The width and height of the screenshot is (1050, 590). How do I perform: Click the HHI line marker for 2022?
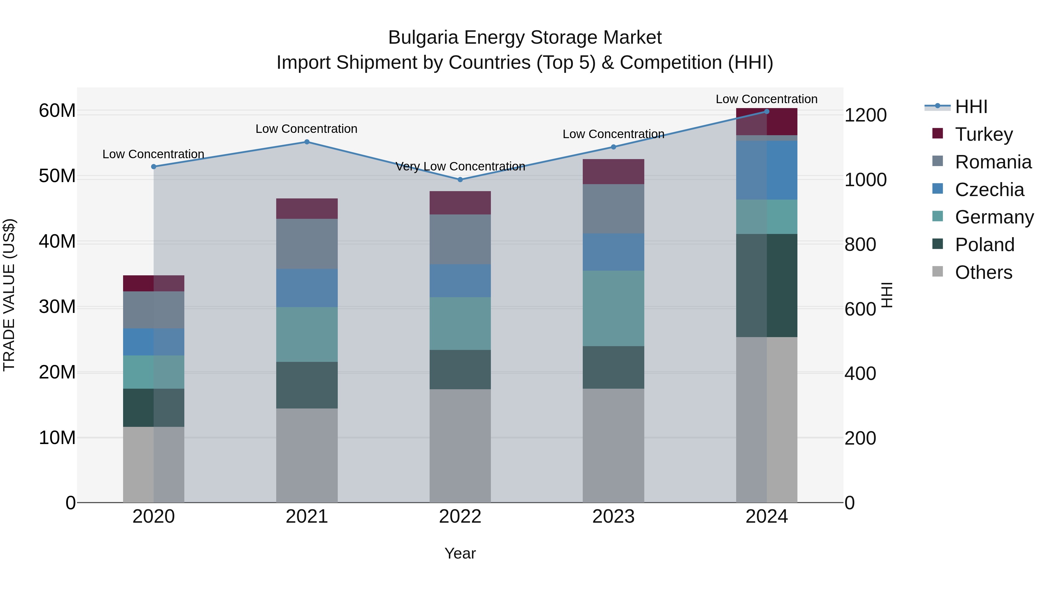pyautogui.click(x=460, y=179)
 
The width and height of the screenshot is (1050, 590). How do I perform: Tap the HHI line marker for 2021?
pyautogui.click(x=307, y=142)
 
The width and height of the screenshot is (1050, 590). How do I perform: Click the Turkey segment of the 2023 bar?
pyautogui.click(x=613, y=171)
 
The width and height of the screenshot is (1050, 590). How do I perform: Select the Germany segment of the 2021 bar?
pyautogui.click(x=307, y=334)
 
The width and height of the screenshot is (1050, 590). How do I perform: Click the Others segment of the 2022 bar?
pyautogui.click(x=460, y=445)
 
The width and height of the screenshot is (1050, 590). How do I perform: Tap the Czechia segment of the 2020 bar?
pyautogui.click(x=154, y=342)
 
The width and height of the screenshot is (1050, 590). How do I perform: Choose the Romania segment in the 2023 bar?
pyautogui.click(x=613, y=209)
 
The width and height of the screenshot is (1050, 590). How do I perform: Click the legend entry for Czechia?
pyautogui.click(x=989, y=190)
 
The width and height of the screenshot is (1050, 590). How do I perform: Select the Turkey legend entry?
pyautogui.click(x=984, y=134)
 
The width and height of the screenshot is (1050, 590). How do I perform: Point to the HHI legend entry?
pyautogui.click(x=971, y=107)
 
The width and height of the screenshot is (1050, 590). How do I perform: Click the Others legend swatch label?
pyautogui.click(x=983, y=272)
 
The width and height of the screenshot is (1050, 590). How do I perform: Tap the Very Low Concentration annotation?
pyautogui.click(x=460, y=167)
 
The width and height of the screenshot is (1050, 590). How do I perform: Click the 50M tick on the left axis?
pyautogui.click(x=57, y=176)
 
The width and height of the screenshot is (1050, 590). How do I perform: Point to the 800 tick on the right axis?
pyautogui.click(x=860, y=245)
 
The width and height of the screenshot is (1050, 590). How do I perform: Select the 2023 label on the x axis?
pyautogui.click(x=613, y=517)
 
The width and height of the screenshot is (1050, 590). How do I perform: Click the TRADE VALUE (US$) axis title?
pyautogui.click(x=9, y=295)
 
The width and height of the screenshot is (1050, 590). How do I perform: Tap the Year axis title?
pyautogui.click(x=460, y=553)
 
